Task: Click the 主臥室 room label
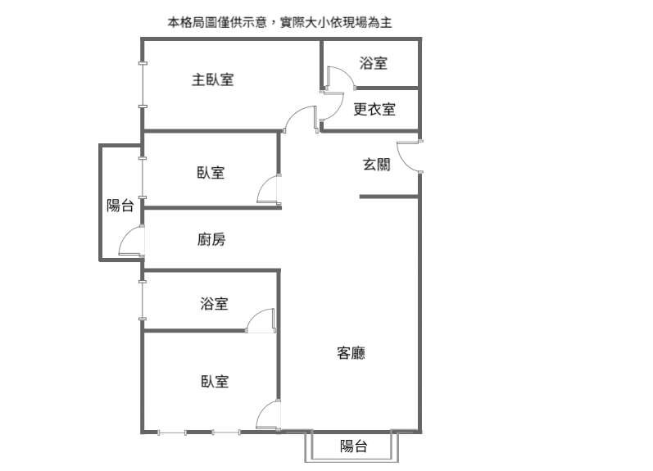coord(213,79)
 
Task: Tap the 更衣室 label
coord(374,109)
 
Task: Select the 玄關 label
coord(376,164)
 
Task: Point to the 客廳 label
coord(351,353)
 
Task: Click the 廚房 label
coord(211,240)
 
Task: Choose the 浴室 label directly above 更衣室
coord(374,63)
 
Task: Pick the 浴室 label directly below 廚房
coord(214,304)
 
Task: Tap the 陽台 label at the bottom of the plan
coord(353,446)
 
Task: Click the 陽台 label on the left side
coord(120,206)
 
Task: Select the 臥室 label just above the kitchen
coord(211,173)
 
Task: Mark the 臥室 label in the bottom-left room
coord(214,381)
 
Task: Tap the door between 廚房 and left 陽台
coord(132,243)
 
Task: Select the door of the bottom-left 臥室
coord(269,416)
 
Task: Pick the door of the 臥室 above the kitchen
coord(269,190)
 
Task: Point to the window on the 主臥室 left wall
coord(143,85)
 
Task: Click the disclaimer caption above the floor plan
coord(279,22)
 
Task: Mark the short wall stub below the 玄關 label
coord(388,196)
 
